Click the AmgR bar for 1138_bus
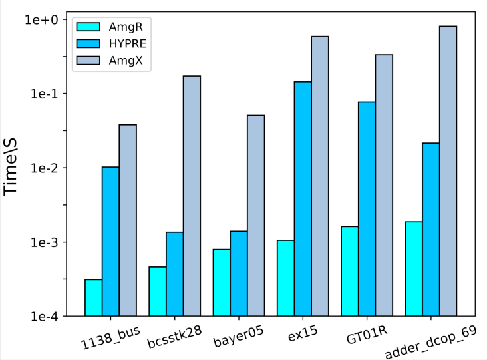93,297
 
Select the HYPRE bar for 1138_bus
110,241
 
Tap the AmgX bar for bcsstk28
192,196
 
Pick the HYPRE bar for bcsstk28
174,273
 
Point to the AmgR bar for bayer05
222,282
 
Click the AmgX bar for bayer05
256,216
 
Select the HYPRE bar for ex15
303,198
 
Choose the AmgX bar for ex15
320,176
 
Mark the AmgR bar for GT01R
349,271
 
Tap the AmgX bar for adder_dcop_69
448,171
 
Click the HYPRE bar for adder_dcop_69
430,229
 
